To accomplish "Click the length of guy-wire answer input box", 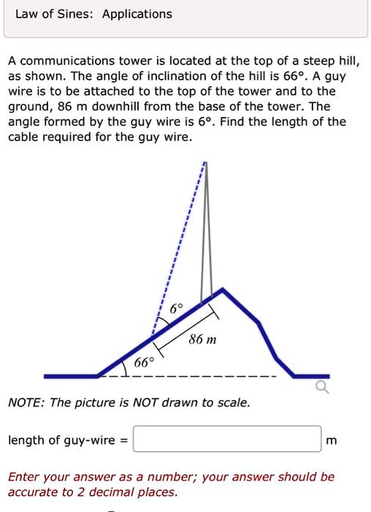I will pos(228,440).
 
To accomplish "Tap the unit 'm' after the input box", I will pos(332,440).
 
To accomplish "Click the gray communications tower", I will pos(208,234).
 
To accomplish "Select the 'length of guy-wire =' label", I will pos(68,440).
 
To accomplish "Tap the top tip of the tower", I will pos(207,165).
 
